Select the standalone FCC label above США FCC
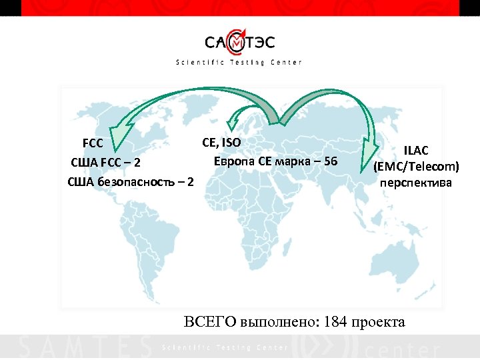coord(93,143)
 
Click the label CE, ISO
coord(221,142)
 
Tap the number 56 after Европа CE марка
coord(330,162)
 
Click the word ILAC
coord(415,152)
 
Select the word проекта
coord(379,321)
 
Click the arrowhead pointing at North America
coord(119,137)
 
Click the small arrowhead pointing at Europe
coord(232,122)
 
